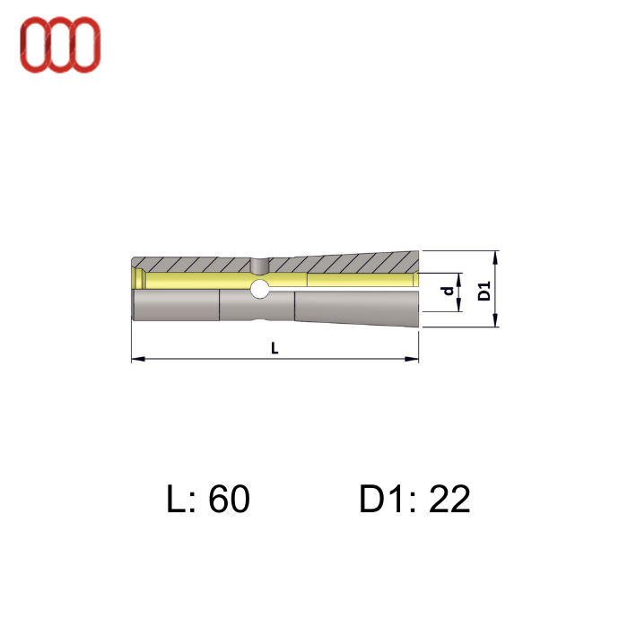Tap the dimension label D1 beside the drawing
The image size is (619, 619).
point(484,290)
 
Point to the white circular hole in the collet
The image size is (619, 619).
point(259,289)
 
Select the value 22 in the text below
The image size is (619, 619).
point(449,500)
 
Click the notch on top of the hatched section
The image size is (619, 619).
point(259,265)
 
